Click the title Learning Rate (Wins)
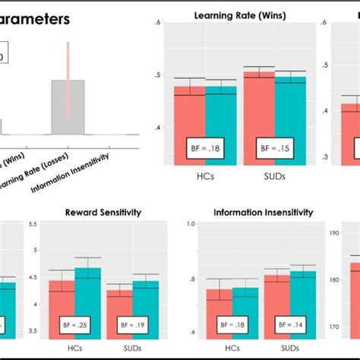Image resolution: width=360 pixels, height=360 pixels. tap(235, 14)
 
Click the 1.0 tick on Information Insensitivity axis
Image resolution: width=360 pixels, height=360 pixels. tap(192, 224)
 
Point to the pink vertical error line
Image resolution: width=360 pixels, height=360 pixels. tap(68, 80)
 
